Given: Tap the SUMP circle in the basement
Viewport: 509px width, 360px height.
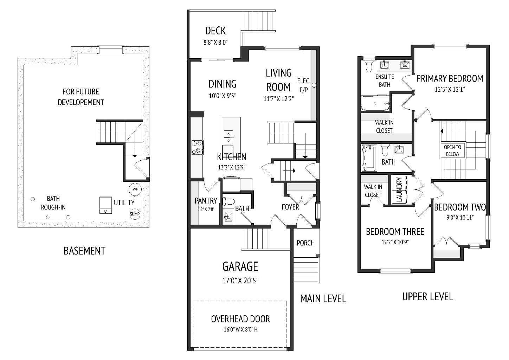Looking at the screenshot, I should tap(135, 214).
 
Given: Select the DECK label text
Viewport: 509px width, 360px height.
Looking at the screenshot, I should tap(215, 31).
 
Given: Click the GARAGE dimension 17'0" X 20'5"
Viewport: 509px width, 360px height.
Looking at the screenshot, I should tap(240, 281).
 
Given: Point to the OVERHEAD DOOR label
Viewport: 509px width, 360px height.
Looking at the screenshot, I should tap(240, 319).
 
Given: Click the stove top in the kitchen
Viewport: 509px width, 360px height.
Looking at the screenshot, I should tap(197, 147).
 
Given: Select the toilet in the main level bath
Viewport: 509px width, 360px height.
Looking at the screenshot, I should tap(229, 202).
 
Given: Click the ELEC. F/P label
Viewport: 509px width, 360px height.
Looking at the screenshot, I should tap(303, 85).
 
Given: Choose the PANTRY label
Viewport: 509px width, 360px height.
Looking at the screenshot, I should tap(206, 201).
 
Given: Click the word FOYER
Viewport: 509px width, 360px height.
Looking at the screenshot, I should tap(290, 207).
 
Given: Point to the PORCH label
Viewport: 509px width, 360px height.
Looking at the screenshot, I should tap(305, 243).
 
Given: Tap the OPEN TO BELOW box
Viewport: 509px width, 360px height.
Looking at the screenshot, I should tap(452, 150).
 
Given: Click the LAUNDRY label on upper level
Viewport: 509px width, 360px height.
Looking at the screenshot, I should tap(399, 189).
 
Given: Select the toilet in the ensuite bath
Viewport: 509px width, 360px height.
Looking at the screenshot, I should tap(369, 65).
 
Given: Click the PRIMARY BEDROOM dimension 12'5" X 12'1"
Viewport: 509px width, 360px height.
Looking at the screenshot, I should tap(450, 89).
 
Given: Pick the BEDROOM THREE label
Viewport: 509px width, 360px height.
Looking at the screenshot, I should tap(395, 232).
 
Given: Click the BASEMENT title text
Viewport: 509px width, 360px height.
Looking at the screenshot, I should tap(84, 251).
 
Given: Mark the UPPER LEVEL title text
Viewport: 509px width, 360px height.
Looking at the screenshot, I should tap(427, 297).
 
